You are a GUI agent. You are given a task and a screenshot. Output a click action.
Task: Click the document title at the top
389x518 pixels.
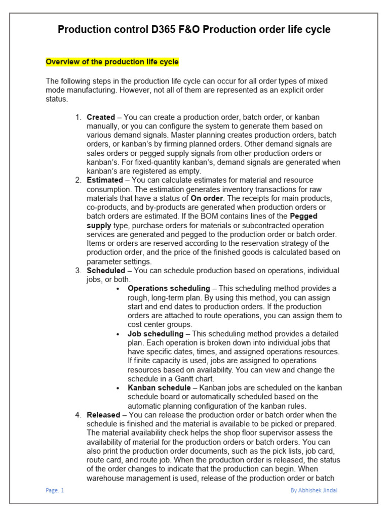[x=194, y=30]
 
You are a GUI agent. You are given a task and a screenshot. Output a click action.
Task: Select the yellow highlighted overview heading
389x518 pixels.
[x=112, y=62]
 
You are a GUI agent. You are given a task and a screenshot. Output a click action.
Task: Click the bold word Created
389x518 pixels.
[x=101, y=117]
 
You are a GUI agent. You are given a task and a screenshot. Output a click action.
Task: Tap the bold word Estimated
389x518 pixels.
[x=105, y=180]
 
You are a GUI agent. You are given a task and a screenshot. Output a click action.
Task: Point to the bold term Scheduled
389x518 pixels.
[x=106, y=271]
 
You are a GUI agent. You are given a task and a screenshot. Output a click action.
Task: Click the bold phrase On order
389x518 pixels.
[x=207, y=198]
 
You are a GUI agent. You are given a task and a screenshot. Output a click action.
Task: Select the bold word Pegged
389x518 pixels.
[x=303, y=217]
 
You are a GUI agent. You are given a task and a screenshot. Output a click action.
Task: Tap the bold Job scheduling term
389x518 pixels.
[x=155, y=334]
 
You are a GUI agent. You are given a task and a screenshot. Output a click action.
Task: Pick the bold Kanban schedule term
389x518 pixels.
[x=159, y=388]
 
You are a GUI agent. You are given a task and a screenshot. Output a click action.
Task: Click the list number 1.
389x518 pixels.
[x=78, y=117]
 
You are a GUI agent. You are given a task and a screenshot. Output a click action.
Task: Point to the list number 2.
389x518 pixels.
[x=78, y=180]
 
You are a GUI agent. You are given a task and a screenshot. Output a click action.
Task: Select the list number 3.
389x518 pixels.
[x=78, y=271]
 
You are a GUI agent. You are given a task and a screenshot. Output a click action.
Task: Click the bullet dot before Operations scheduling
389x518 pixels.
[x=118, y=289]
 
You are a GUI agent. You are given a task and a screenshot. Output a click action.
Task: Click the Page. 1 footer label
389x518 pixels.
[x=55, y=490]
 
